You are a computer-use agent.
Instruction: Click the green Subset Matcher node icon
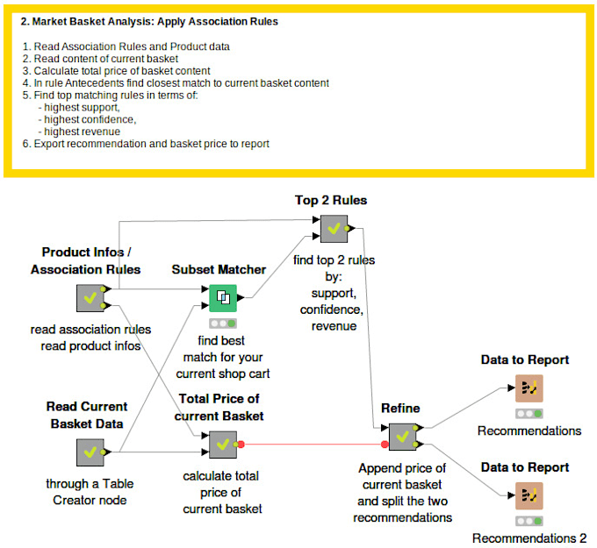222,298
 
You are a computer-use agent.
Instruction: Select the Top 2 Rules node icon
332,229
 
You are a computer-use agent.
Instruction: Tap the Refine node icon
401,435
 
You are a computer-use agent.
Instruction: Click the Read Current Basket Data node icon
90,452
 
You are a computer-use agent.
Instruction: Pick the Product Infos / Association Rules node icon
90,298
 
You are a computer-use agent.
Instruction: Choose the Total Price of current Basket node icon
222,445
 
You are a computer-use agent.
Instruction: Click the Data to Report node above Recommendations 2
529,495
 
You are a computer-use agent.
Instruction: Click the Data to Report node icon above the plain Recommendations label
529,388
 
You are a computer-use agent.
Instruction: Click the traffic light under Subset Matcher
222,323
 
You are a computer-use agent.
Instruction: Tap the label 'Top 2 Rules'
331,201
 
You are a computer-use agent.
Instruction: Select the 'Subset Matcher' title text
219,269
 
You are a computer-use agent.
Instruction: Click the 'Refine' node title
400,408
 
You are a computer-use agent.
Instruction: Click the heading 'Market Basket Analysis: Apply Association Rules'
149,22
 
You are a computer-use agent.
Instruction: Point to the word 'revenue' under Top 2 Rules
334,326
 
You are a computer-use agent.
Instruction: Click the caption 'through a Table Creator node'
89,491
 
